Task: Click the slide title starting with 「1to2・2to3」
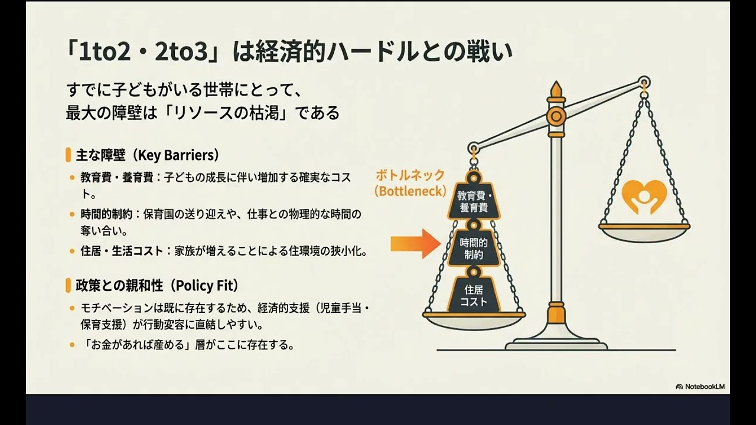(289, 52)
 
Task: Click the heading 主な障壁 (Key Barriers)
(148, 155)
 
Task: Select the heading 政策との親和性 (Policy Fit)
(157, 285)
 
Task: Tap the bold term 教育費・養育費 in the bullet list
(117, 178)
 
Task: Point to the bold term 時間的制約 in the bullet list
(106, 214)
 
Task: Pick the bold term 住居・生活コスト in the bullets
(122, 251)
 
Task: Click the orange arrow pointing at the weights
(416, 244)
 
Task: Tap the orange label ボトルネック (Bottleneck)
(410, 183)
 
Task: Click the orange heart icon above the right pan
(644, 197)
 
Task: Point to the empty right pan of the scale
(644, 233)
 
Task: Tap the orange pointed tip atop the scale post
(556, 89)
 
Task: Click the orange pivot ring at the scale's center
(556, 116)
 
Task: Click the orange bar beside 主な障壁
(69, 155)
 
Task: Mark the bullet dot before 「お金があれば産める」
(72, 345)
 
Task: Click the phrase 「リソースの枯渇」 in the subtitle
(229, 113)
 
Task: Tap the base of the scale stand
(556, 344)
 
